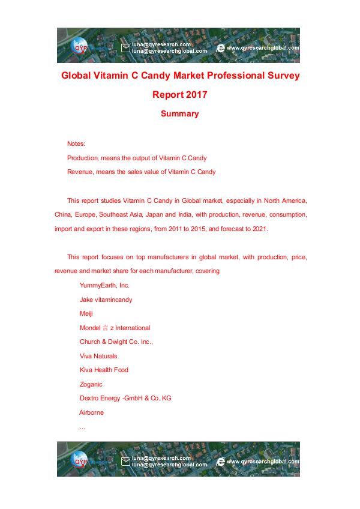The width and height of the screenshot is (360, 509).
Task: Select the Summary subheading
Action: point(179,113)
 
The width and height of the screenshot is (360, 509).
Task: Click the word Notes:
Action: point(76,144)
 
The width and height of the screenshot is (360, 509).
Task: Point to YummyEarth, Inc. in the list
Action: point(104,285)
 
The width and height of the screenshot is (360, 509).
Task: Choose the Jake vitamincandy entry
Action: point(106,300)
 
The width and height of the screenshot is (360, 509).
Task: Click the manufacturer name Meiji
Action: point(86,313)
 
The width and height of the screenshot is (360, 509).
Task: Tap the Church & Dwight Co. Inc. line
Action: point(116,342)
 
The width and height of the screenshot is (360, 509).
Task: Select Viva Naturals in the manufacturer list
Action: point(98,356)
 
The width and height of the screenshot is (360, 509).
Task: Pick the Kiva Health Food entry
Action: point(104,370)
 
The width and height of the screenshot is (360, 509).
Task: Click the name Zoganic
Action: point(91,384)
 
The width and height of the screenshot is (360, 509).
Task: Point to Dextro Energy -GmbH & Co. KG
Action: point(125,398)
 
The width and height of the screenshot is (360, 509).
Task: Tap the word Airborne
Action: point(92,412)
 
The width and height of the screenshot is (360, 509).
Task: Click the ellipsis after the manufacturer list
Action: point(82,427)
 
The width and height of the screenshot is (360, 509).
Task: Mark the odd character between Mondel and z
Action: point(106,328)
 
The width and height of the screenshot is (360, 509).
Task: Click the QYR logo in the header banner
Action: point(79,47)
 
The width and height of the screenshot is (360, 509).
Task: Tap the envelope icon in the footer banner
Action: point(125,462)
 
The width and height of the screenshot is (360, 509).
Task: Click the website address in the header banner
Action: point(263,47)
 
